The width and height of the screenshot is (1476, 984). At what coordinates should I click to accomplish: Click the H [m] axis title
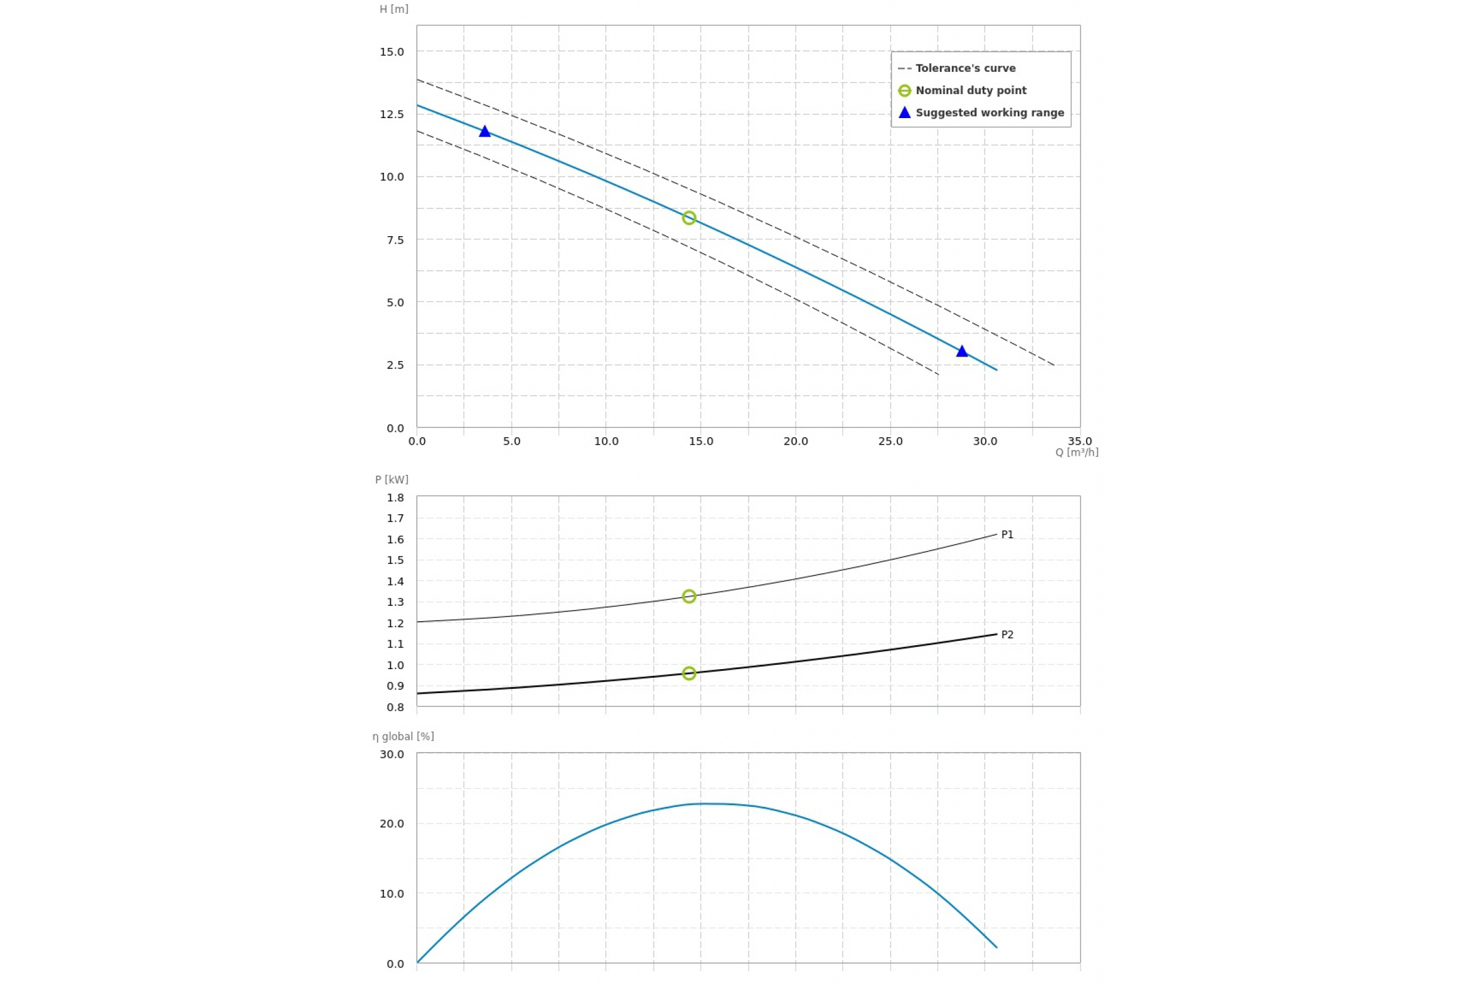click(x=394, y=9)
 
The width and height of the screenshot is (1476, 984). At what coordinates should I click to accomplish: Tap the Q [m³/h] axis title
click(x=1076, y=453)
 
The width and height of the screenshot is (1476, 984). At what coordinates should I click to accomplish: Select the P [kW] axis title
click(x=392, y=480)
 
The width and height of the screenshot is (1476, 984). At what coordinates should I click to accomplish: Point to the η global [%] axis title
click(x=403, y=736)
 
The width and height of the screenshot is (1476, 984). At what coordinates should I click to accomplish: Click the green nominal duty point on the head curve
click(x=689, y=218)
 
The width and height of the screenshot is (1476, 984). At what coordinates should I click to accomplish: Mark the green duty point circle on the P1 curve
click(x=689, y=596)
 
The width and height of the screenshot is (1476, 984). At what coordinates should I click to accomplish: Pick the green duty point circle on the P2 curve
click(x=689, y=673)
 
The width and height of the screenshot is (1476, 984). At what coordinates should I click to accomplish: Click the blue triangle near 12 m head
click(x=485, y=131)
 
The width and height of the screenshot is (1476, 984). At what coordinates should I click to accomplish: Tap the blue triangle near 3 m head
click(x=962, y=351)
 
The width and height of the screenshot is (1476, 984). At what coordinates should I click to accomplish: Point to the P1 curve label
click(x=1007, y=534)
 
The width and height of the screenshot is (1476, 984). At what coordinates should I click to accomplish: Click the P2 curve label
click(x=1007, y=635)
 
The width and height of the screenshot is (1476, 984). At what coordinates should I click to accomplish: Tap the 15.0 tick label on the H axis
click(x=392, y=52)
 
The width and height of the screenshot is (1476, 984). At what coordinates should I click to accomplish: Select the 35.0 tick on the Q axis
click(x=1080, y=441)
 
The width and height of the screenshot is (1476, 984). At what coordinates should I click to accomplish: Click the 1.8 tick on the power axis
click(x=395, y=498)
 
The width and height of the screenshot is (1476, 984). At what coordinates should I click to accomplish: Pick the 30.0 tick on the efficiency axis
click(x=392, y=754)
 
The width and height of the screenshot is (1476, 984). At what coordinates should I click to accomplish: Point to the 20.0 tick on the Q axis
click(x=796, y=441)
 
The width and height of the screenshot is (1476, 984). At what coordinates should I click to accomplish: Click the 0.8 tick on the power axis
click(x=395, y=707)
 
